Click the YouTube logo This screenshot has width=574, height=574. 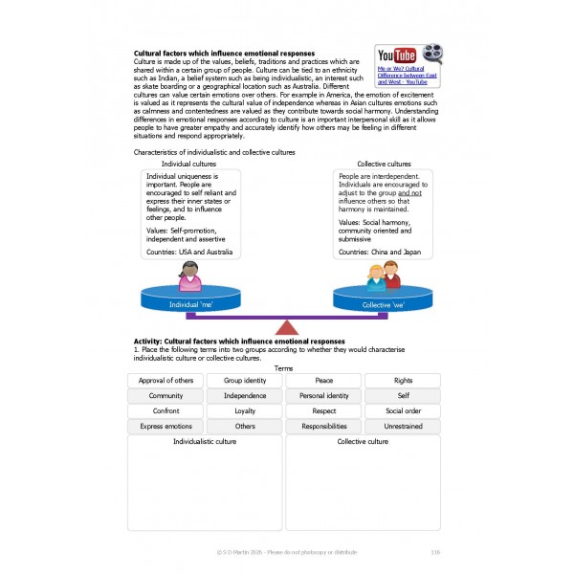(396, 55)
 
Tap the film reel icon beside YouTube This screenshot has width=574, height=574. (431, 55)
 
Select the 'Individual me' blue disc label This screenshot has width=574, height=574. (189, 304)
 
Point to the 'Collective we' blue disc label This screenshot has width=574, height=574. (383, 304)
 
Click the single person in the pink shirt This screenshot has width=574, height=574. (189, 277)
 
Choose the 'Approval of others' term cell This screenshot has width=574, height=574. (166, 381)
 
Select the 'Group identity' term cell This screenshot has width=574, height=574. (245, 381)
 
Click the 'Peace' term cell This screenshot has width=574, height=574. (324, 381)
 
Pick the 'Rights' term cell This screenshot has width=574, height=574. (403, 381)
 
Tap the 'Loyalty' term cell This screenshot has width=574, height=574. (245, 410)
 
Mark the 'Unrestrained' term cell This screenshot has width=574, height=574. (403, 426)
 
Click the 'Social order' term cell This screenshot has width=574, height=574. (403, 410)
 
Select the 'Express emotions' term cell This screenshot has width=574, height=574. (166, 426)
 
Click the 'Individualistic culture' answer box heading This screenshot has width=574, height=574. (205, 442)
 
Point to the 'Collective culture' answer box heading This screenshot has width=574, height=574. (363, 442)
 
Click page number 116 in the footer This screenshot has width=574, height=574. (435, 551)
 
